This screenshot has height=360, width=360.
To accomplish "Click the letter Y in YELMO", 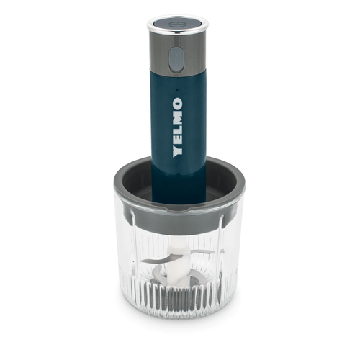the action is pos(178,150).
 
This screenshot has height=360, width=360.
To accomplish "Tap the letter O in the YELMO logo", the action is pos(178,104).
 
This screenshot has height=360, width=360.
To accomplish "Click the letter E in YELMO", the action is pos(178,140).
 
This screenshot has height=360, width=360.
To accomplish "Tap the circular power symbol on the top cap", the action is pos(174,24).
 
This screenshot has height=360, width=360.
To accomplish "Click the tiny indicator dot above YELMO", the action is pos(177,91).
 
